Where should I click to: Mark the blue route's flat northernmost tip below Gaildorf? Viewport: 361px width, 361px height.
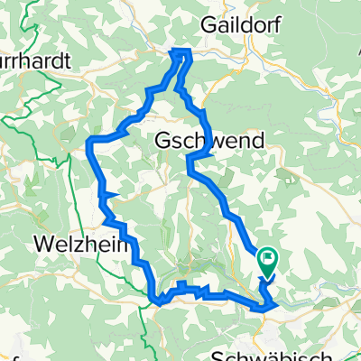182,51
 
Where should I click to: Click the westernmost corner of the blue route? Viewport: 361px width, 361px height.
88,141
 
